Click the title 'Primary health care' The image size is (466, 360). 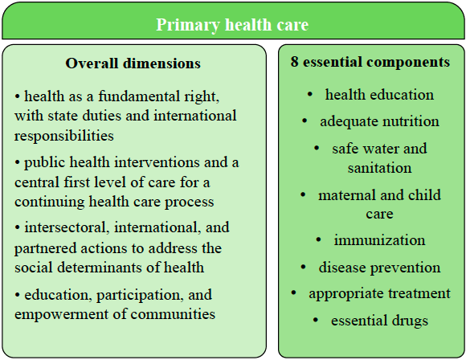click(232, 25)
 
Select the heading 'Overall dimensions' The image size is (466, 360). click(133, 63)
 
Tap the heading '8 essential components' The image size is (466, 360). click(370, 62)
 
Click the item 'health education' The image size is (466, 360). click(379, 95)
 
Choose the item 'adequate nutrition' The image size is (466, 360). click(379, 122)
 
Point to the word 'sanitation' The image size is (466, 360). click(379, 168)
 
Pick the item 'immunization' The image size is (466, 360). click(379, 240)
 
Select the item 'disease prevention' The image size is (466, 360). click(379, 268)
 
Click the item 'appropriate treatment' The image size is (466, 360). click(379, 294)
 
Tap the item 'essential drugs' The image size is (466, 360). click(379, 321)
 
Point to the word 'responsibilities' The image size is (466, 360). click(64, 136)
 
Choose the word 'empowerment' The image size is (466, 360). click(56, 314)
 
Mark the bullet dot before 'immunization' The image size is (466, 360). click(318, 240)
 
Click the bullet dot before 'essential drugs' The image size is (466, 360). click(315, 320)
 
